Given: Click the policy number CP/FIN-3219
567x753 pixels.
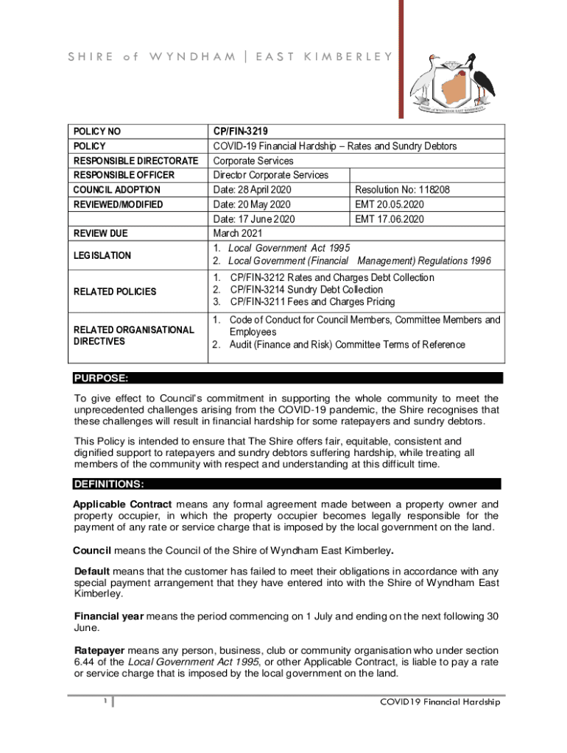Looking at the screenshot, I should tap(242, 132).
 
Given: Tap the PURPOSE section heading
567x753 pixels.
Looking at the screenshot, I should tap(101, 378).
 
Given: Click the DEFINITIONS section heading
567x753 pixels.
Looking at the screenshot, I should tap(108, 484).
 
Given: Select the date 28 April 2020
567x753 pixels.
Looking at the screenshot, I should tap(247, 190).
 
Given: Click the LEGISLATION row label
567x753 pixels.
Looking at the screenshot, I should tap(102, 255).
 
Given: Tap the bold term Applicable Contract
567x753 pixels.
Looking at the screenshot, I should tap(122, 504).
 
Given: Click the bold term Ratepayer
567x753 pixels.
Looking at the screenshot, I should tap(100, 651).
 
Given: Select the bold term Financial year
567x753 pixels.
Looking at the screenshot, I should tap(109, 616).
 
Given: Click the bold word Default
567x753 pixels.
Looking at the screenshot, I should tap(92, 571).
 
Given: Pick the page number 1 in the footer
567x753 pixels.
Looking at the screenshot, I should tap(105, 701).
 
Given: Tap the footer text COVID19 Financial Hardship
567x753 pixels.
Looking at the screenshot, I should tap(440, 702).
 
